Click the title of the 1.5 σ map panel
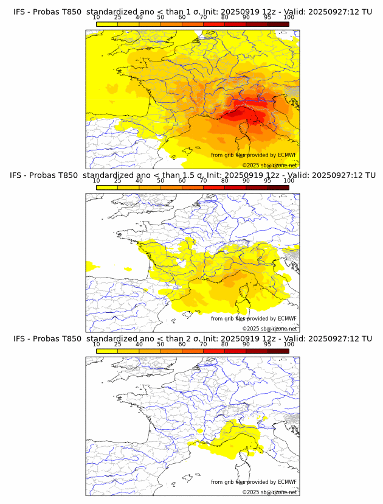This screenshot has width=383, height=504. pos(192,175)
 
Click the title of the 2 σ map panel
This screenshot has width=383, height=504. pos(192,338)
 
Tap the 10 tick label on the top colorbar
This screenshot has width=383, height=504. pos(97,18)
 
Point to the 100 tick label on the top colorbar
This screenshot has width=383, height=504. pos(288,18)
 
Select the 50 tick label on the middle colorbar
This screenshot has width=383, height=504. pos(160,181)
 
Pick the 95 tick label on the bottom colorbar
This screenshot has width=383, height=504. pos(267,344)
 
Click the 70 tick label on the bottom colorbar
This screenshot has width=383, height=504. pos(203,344)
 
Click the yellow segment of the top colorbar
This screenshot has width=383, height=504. pos(106,24)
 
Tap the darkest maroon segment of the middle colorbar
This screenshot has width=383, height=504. pos(278,187)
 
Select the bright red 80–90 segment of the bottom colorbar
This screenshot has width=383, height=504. pos(235,351)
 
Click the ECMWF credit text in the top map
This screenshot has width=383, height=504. pos(254,155)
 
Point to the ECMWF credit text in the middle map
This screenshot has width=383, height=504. pos(254,318)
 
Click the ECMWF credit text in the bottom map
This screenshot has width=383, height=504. pos(254,482)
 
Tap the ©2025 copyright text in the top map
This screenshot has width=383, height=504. pos(269,165)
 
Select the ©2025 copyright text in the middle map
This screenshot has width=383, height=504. pos(269,329)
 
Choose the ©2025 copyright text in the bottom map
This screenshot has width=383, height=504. pos(269,492)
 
